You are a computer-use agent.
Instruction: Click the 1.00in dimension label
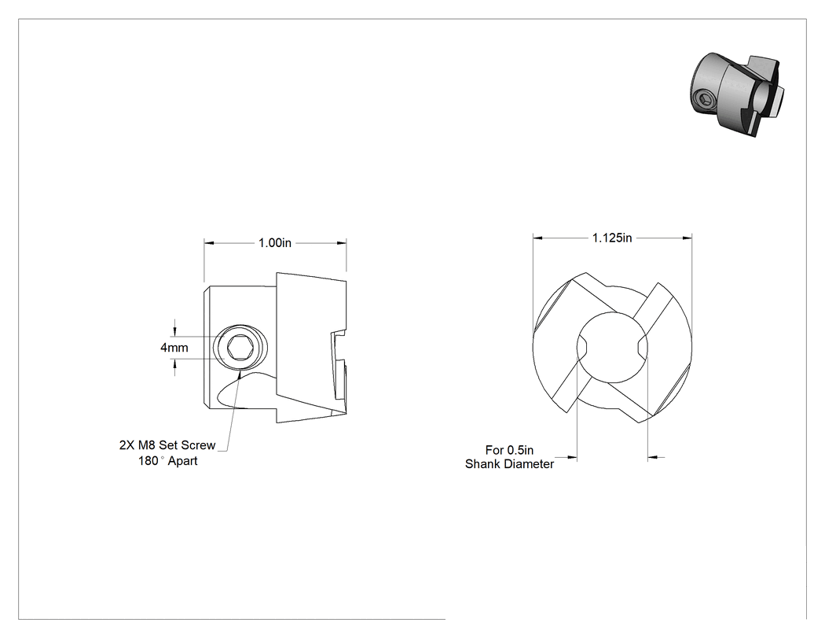[x=275, y=243]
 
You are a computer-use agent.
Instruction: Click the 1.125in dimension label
[x=612, y=238]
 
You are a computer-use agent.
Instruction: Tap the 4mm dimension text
[x=174, y=348]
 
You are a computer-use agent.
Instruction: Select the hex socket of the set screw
[x=240, y=348]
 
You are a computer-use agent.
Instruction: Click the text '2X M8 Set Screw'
[x=167, y=445]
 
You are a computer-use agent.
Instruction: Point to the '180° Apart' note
[x=168, y=461]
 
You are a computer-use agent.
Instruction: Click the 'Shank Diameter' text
[x=509, y=464]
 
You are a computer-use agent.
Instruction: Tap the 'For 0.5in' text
[x=509, y=450]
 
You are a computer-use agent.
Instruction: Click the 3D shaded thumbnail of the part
[x=737, y=94]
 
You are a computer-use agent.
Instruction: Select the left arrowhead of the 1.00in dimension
[x=209, y=243]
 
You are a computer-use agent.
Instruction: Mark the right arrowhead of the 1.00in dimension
[x=342, y=243]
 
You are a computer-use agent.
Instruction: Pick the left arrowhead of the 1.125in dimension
[x=537, y=238]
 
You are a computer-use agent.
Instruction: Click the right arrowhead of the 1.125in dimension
[x=687, y=238]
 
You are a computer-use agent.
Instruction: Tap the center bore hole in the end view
[x=612, y=348]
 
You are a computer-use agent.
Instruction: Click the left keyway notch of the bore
[x=581, y=348]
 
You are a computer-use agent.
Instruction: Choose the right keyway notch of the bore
[x=643, y=348]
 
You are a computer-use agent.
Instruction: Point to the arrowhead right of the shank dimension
[x=653, y=457]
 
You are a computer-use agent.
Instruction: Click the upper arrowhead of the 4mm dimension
[x=174, y=331]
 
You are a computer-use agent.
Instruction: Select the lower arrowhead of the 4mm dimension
[x=174, y=364]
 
